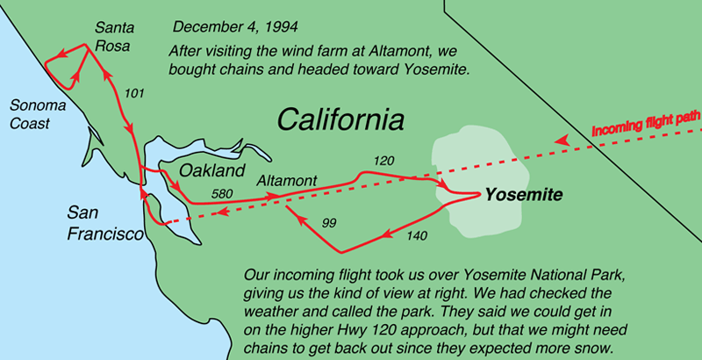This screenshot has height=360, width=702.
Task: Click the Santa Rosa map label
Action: (114, 36)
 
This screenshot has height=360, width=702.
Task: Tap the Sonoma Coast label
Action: (38, 114)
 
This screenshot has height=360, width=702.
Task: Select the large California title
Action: (340, 119)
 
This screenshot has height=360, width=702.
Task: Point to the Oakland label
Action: (212, 170)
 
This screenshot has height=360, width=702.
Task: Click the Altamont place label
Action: (287, 181)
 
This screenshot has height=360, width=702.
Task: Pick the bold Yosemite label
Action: (524, 195)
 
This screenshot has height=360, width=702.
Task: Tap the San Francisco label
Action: (105, 223)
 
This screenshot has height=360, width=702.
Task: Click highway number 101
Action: (134, 93)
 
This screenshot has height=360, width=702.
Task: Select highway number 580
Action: (222, 194)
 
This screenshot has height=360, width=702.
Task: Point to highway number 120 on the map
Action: (383, 162)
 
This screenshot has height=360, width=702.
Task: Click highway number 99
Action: (329, 223)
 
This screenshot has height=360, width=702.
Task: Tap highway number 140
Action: (417, 235)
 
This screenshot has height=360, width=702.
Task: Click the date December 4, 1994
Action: (235, 27)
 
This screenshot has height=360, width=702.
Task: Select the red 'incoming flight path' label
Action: (646, 123)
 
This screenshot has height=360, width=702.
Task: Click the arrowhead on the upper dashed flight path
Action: (562, 140)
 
